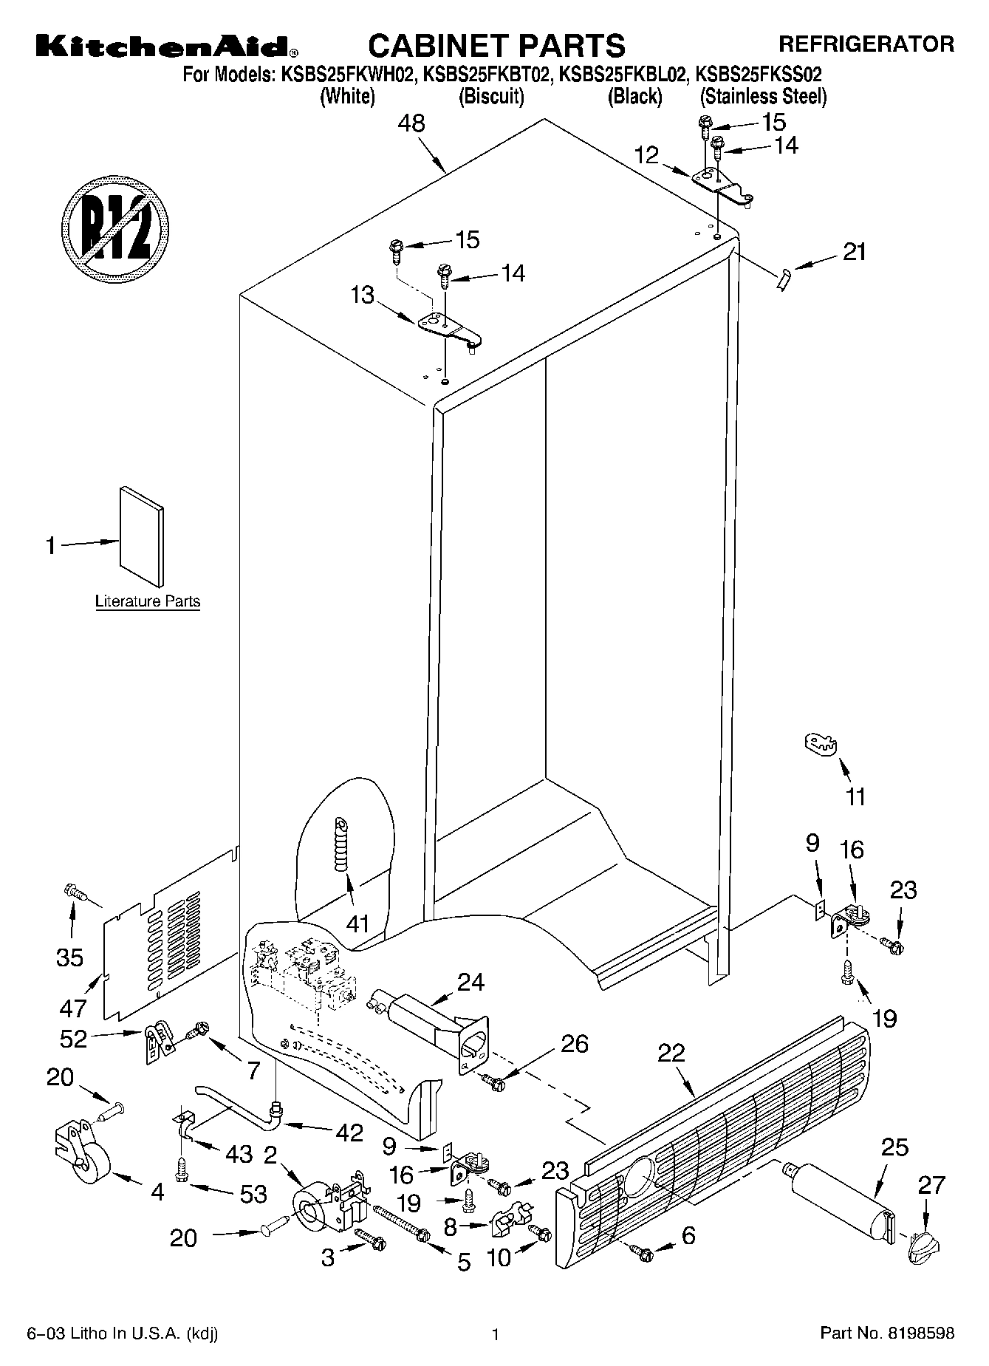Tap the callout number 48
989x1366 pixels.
[x=411, y=123]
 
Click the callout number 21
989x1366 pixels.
[x=854, y=252]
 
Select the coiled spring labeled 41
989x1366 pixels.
[x=342, y=844]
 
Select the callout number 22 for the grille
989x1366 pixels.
[x=671, y=1053]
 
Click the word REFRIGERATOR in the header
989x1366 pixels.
[x=866, y=44]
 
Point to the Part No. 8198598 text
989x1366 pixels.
[x=887, y=1333]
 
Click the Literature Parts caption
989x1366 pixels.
[x=148, y=601]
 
